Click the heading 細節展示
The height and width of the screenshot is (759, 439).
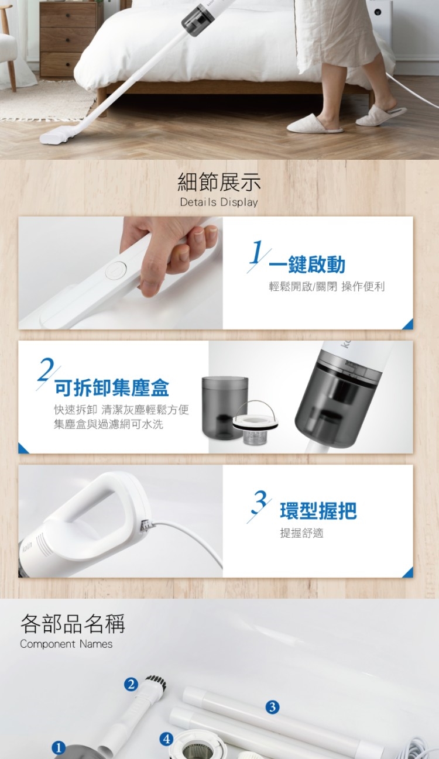(x=219, y=181)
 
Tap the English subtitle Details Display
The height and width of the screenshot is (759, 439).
(x=219, y=202)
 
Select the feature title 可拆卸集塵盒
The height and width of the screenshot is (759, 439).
(x=112, y=388)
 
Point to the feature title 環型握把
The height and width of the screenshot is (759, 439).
(x=318, y=511)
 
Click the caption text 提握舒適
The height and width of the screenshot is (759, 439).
(x=301, y=533)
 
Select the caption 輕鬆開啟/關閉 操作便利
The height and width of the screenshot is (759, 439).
(x=327, y=287)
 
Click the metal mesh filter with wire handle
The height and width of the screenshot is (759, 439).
(x=255, y=424)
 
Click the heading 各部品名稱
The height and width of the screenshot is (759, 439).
(x=73, y=623)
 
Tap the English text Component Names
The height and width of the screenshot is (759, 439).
(x=66, y=644)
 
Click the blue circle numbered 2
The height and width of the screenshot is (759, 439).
(x=131, y=685)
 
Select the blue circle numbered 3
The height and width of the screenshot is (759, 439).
(x=272, y=707)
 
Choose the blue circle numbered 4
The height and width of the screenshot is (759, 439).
(x=166, y=739)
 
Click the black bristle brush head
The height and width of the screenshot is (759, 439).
(x=156, y=681)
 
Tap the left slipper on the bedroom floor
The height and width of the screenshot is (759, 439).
(x=314, y=124)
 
